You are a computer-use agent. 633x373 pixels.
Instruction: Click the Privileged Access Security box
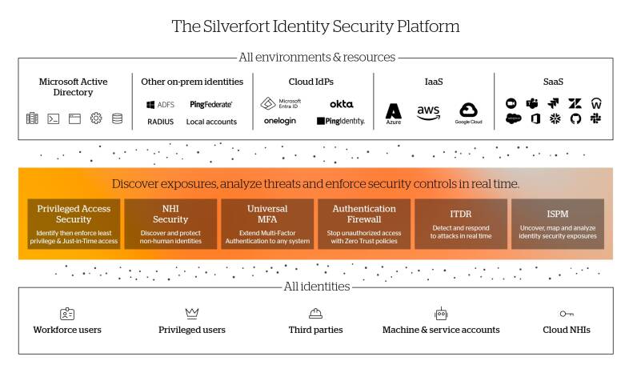(x=74, y=223)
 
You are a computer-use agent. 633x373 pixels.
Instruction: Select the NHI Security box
(x=170, y=223)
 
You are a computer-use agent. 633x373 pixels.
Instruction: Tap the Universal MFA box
(x=267, y=223)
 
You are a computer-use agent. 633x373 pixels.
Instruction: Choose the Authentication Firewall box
(x=364, y=223)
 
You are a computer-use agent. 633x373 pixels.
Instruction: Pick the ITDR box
(x=460, y=223)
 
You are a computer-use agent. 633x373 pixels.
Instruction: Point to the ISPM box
(x=557, y=223)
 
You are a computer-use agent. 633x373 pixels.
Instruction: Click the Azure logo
(x=393, y=114)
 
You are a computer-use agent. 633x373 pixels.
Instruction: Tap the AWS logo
(x=428, y=113)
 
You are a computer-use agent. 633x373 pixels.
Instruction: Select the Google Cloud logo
(x=468, y=113)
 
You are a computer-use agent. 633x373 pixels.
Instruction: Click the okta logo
(x=341, y=104)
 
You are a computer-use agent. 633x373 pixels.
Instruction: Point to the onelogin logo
(x=280, y=121)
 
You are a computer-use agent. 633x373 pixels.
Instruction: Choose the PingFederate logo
(x=211, y=104)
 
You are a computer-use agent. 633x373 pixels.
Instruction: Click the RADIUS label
(x=160, y=122)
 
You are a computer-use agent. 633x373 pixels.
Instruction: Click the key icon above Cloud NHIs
(x=567, y=314)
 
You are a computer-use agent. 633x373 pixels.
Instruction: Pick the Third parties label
(x=315, y=330)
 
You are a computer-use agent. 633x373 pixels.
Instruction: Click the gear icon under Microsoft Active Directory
(x=96, y=118)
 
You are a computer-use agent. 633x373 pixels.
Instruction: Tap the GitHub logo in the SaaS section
(x=575, y=118)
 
